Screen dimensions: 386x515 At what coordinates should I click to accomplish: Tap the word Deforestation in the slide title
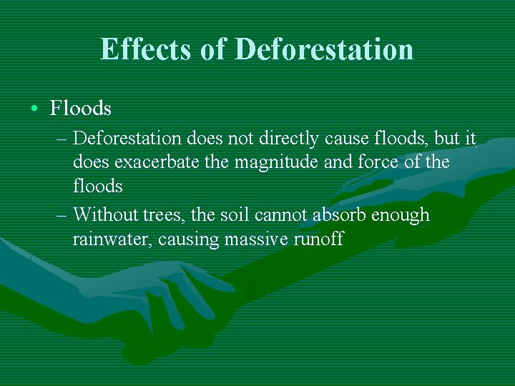tap(324, 49)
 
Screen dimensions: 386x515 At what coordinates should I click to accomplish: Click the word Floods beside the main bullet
tap(81, 109)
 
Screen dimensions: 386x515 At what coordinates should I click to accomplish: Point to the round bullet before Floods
tap(34, 109)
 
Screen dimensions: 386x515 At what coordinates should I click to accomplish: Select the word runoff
tap(319, 239)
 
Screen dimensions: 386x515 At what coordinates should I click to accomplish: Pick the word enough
tap(403, 215)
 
